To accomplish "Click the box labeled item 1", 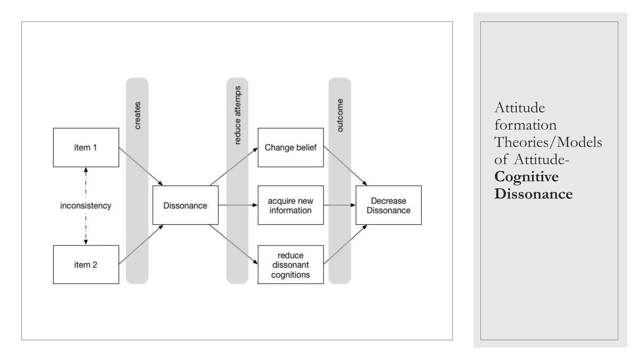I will tap(86, 147).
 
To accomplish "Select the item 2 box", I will tap(86, 265).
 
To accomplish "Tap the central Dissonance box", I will tap(185, 205).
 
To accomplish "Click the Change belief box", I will tap(290, 147).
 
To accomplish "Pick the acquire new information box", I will tap(290, 205).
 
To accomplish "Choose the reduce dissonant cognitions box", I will tap(290, 265).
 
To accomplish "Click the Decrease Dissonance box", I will tap(388, 205).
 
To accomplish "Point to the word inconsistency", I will tap(86, 206).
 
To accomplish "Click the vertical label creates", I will tap(137, 115).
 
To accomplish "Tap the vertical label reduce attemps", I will tap(237, 115).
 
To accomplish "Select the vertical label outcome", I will tap(340, 115).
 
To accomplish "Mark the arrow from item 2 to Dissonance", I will tap(141, 244).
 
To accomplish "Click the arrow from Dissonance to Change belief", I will tap(234, 167).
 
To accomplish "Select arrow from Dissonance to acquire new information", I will tap(237, 205).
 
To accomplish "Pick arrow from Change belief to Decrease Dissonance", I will tap(345, 166).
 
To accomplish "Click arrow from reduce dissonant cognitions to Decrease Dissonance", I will tap(345, 244).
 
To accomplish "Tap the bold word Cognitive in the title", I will tap(526, 177).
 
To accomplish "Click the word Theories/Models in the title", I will tap(548, 142).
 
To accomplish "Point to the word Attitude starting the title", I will tap(519, 108).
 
